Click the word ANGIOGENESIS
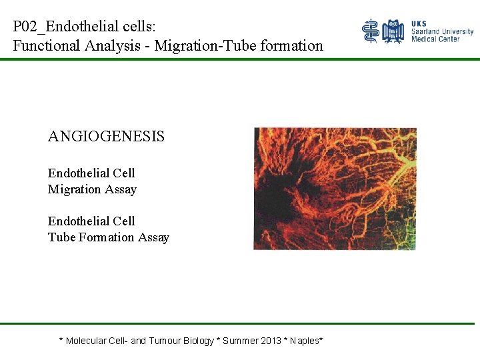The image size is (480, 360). [x=106, y=137]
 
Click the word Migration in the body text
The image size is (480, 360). [x=73, y=189]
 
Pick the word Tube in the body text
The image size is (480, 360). [x=61, y=237]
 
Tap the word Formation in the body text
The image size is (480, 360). [x=105, y=237]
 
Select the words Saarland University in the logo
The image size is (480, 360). [x=442, y=31]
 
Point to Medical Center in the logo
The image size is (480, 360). [x=435, y=39]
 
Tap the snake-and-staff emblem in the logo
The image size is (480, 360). [x=371, y=31]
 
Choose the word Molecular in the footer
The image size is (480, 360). [x=86, y=341]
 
